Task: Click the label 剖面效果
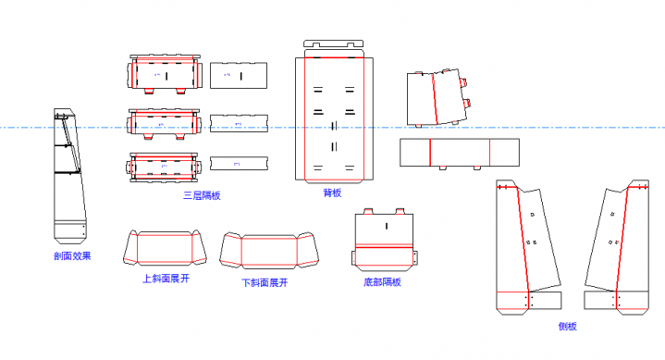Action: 72,255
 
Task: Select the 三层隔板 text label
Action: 202,195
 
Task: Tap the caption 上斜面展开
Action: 166,279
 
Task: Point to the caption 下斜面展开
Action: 265,283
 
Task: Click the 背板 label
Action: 332,193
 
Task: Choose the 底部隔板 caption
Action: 382,281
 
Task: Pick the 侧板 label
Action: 567,326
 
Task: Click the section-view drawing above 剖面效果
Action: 70,176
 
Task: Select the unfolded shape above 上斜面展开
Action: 166,248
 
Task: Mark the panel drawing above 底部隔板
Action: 384,242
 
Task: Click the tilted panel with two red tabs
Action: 437,97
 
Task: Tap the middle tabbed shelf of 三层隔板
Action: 164,123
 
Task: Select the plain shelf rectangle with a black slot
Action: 239,75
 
